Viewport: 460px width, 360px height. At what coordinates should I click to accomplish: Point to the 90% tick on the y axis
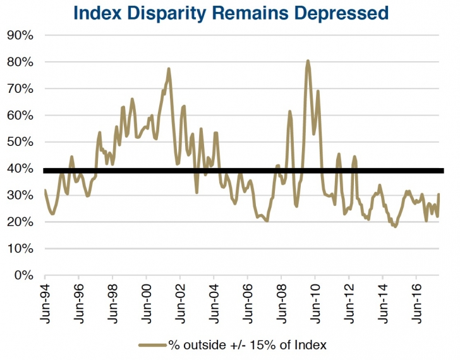pyautogui.click(x=20, y=35)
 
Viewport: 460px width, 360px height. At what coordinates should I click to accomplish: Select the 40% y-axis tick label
pyautogui.click(x=20, y=169)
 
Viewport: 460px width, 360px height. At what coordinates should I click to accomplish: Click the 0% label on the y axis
pyautogui.click(x=24, y=275)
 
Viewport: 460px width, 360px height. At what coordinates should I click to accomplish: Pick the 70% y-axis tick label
pyautogui.click(x=20, y=88)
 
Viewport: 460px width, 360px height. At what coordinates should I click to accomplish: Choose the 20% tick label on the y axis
pyautogui.click(x=20, y=222)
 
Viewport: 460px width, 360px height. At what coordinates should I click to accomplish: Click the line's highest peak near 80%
pyautogui.click(x=308, y=61)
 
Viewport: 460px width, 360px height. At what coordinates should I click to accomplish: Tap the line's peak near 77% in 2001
pyautogui.click(x=169, y=68)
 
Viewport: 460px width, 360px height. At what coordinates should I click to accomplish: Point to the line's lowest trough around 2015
pyautogui.click(x=396, y=226)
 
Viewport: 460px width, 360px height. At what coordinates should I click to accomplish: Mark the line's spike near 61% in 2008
pyautogui.click(x=289, y=112)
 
